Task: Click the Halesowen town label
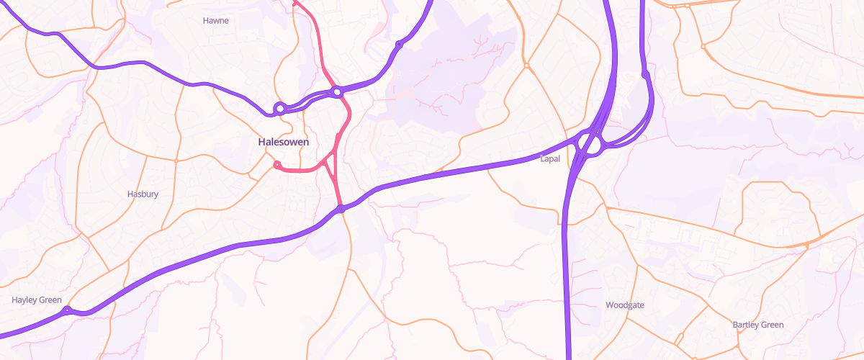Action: pos(284,142)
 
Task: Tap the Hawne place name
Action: pos(216,21)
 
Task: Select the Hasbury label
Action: pos(143,194)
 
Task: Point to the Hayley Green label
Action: pos(37,300)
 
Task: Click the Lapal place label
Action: pos(550,158)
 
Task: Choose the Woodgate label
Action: pos(625,305)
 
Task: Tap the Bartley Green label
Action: pos(758,325)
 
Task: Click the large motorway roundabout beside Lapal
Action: pos(591,143)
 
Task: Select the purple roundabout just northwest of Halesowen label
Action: pos(279,109)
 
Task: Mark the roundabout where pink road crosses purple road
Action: pos(336,91)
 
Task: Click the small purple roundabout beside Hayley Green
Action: pos(67,311)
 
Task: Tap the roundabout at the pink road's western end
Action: pos(277,165)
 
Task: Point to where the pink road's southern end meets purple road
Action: pos(341,210)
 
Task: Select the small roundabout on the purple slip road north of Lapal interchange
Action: pos(646,73)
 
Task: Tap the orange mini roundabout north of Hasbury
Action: pos(176,160)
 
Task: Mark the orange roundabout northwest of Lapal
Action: pos(527,66)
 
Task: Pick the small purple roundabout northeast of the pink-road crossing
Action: pos(398,45)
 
